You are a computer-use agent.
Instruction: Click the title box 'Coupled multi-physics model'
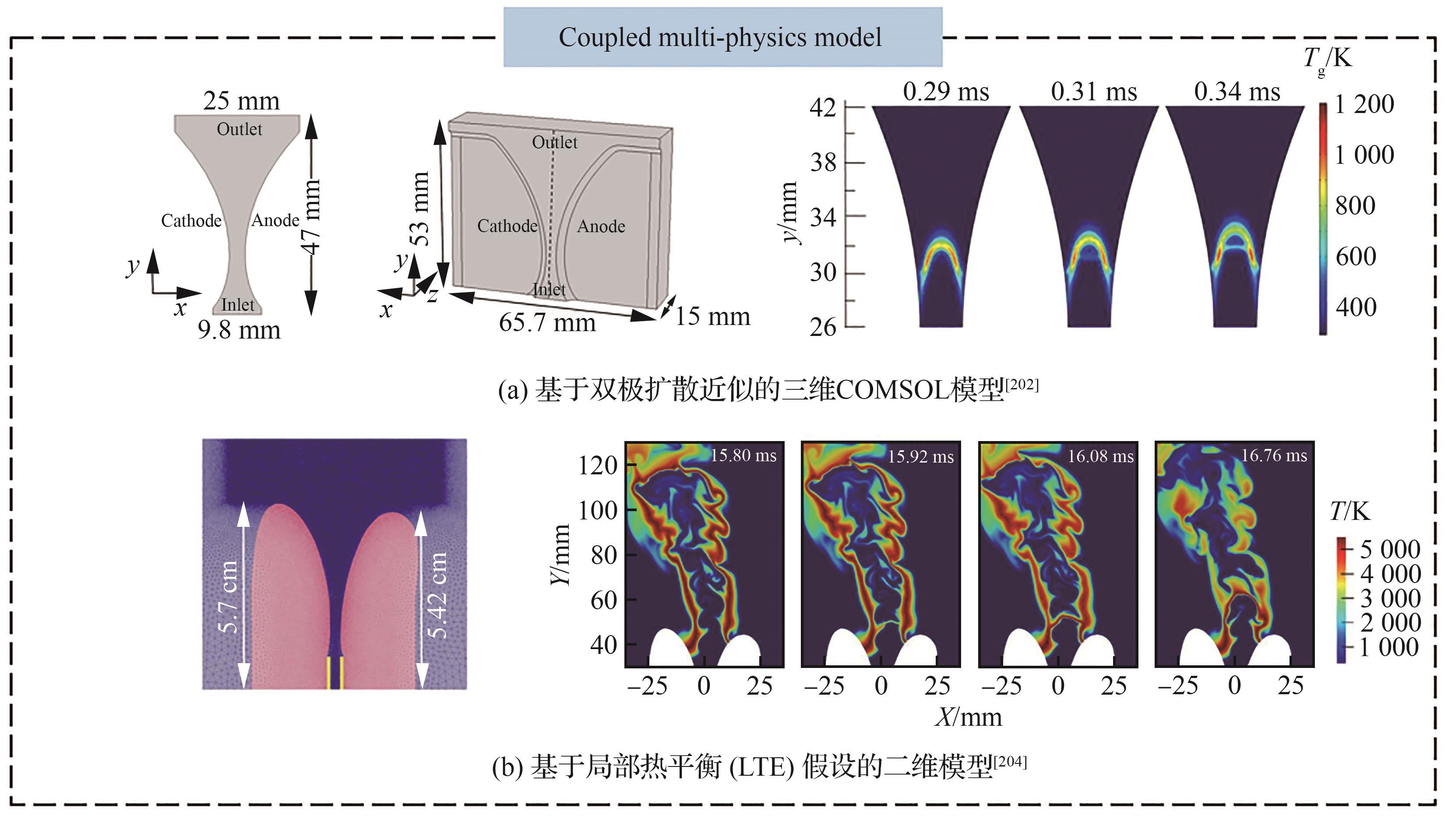pyautogui.click(x=722, y=37)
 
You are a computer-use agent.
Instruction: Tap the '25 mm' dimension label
pyautogui.click(x=241, y=101)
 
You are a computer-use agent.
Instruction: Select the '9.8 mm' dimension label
pyautogui.click(x=239, y=330)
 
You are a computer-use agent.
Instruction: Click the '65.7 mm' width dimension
pyautogui.click(x=547, y=323)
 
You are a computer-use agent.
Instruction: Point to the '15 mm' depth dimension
pyautogui.click(x=712, y=317)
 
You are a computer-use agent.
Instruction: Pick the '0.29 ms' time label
pyautogui.click(x=946, y=92)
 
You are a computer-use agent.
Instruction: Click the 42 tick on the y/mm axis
pyautogui.click(x=823, y=107)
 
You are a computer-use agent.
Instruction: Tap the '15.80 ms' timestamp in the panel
pyautogui.click(x=743, y=456)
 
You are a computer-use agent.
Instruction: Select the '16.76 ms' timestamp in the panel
pyautogui.click(x=1273, y=456)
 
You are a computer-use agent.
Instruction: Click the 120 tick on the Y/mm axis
pyautogui.click(x=598, y=466)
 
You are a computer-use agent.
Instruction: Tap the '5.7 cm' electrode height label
pyautogui.click(x=228, y=597)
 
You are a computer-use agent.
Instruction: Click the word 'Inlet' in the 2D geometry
pyautogui.click(x=237, y=305)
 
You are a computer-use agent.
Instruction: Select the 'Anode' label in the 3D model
pyautogui.click(x=601, y=226)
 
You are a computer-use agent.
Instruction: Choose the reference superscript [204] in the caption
pyautogui.click(x=1010, y=762)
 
